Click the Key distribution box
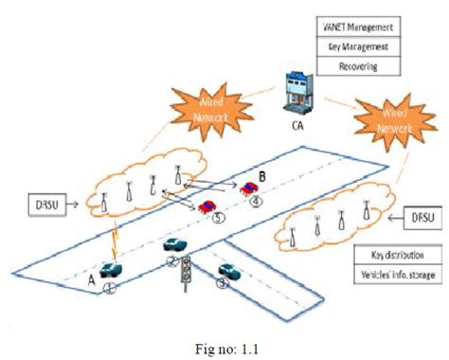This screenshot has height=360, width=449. (398, 256)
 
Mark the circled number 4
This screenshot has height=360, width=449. (255, 200)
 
